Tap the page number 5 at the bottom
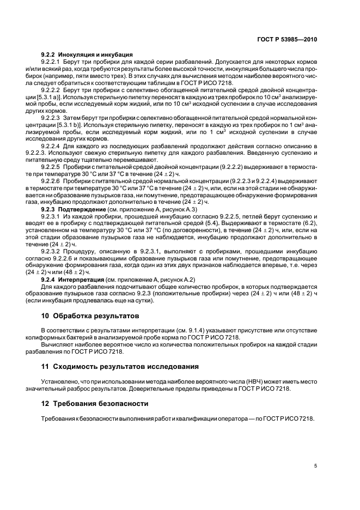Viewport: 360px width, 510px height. tap(315, 466)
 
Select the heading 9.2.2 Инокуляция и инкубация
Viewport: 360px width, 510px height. tap(87, 55)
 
